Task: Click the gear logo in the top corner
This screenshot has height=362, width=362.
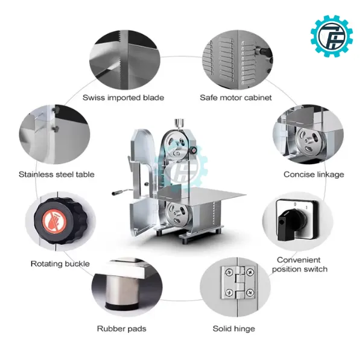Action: (x=332, y=36)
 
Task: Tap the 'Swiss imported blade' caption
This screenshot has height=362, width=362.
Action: (x=123, y=98)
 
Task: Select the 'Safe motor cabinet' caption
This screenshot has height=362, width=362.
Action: (x=236, y=98)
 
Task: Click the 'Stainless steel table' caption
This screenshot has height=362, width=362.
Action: (x=57, y=174)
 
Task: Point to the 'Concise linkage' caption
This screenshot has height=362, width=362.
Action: (x=314, y=174)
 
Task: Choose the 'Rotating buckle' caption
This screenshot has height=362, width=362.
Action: (x=60, y=264)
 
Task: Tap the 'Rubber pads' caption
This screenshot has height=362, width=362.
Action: (x=122, y=329)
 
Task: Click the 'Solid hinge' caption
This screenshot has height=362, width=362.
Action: (x=234, y=329)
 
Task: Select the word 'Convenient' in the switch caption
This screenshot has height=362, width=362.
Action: (x=299, y=260)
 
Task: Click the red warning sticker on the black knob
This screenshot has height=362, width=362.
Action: (x=54, y=221)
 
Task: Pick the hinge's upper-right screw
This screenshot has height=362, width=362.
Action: (x=250, y=272)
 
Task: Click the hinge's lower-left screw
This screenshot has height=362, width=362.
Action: (x=229, y=293)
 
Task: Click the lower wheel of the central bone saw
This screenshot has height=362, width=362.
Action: (x=178, y=214)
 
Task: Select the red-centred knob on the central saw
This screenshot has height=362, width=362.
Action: (x=194, y=150)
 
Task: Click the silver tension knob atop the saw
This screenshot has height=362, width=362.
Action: (x=179, y=122)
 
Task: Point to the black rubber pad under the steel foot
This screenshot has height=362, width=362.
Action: (x=122, y=307)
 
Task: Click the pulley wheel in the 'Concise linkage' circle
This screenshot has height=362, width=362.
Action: (x=310, y=141)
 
